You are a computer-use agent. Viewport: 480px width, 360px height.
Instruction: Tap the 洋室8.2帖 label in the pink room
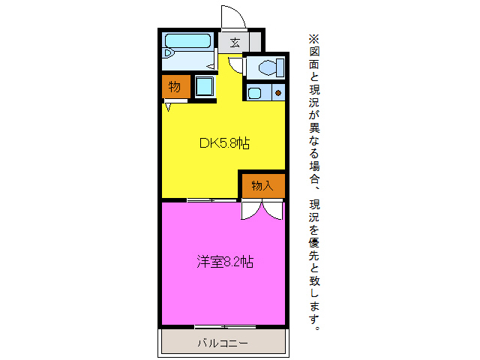point(224,262)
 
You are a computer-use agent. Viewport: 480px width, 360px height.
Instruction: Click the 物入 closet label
point(262,185)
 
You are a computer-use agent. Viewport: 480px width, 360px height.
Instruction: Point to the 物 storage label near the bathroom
point(174,87)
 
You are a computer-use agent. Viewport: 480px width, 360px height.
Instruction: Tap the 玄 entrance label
point(235,42)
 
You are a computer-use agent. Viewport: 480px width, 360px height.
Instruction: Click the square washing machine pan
point(204,87)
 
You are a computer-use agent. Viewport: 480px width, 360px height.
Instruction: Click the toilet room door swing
point(236,65)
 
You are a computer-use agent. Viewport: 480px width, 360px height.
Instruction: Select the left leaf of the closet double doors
point(250,210)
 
